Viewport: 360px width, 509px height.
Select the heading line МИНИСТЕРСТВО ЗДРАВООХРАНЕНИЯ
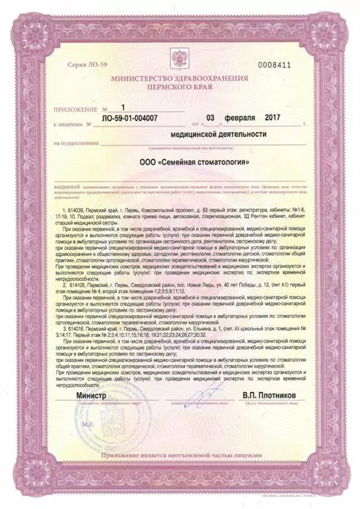(x=180, y=80)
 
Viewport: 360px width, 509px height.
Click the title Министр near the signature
(x=90, y=394)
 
